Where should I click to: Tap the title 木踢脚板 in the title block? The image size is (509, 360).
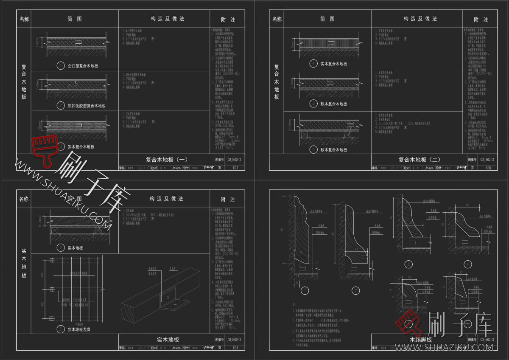pos(420,340)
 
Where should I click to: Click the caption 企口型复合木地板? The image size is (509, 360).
pos(83,66)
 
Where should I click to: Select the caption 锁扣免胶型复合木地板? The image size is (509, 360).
pos(87,106)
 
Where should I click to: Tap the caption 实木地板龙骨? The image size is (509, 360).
pos(79,329)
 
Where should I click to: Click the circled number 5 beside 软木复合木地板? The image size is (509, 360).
pos(313,104)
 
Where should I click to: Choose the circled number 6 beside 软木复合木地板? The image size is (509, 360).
pos(313,149)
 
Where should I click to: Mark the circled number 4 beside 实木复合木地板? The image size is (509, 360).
pos(313,64)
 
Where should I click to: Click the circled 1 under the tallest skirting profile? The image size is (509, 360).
pos(304,291)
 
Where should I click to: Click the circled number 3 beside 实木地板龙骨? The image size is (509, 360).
pos(61,329)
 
